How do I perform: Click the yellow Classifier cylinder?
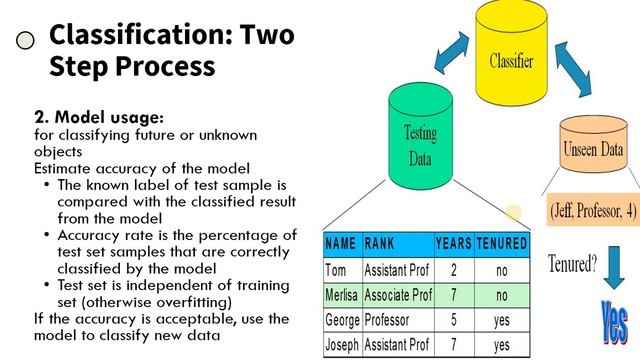510,59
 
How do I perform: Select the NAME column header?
341,243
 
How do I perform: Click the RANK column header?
380,243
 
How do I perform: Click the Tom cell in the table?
337,270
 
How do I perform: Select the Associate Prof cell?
398,296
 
